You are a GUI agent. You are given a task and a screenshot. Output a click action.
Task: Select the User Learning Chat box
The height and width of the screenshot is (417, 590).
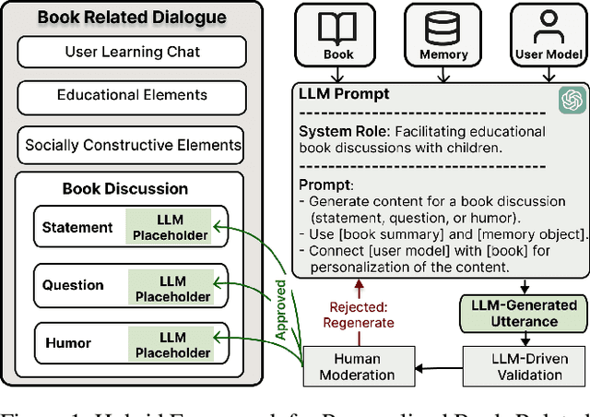point(133,52)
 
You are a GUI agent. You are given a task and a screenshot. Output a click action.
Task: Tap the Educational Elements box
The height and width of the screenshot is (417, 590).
point(133,95)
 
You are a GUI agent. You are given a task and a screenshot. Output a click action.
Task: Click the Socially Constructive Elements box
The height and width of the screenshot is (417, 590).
point(133,145)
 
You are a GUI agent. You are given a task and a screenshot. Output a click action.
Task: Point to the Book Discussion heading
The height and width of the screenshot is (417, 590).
point(124,189)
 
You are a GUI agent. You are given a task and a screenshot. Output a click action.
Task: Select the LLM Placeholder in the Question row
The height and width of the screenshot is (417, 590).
point(172,287)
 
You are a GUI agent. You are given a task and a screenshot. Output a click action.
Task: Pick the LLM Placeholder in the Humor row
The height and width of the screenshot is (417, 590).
point(172,344)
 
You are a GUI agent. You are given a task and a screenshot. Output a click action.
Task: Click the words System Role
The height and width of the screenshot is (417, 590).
point(336,132)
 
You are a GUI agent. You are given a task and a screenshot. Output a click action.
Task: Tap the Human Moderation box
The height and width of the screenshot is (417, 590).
point(357,367)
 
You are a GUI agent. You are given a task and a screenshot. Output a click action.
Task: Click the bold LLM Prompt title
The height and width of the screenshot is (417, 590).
point(343,94)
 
